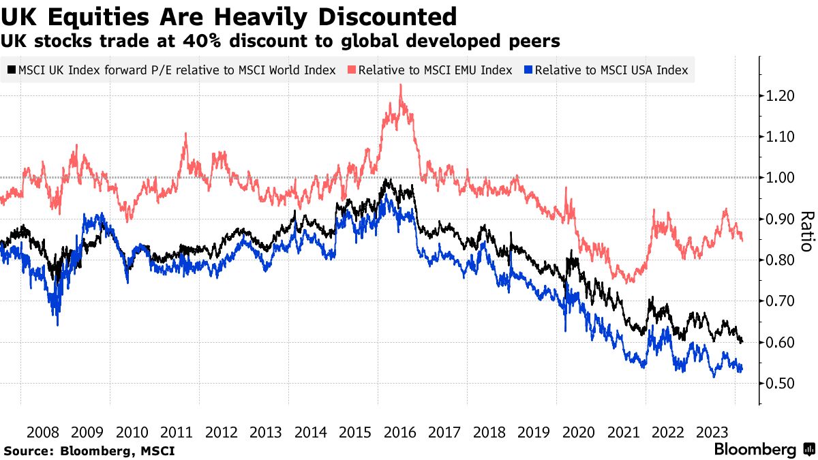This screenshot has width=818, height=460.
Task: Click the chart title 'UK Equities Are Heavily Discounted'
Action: [x=229, y=16]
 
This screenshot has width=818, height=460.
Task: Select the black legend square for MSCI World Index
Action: [x=12, y=70]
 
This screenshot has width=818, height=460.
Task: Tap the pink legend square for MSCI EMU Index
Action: [x=352, y=70]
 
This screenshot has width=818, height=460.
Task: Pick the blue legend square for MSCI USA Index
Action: [x=528, y=70]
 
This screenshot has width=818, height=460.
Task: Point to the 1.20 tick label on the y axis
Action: [x=781, y=96]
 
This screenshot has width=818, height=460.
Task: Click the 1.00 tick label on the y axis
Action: [x=781, y=178]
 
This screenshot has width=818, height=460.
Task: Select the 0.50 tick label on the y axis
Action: [x=781, y=384]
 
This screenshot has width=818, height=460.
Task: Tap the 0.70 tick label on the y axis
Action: [x=781, y=301]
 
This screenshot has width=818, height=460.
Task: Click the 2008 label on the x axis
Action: [x=43, y=431]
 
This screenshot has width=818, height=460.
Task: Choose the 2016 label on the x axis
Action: [x=399, y=431]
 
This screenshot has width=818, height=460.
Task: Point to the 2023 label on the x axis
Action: [x=712, y=431]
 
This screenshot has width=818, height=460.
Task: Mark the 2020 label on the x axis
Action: [x=578, y=431]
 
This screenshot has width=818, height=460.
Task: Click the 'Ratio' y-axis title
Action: [x=806, y=232]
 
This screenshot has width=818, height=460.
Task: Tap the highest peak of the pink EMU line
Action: [x=401, y=85]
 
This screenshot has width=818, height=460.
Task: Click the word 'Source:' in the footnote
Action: [x=29, y=450]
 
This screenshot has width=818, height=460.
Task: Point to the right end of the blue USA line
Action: [x=742, y=369]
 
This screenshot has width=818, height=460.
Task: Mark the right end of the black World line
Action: [x=742, y=341]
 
